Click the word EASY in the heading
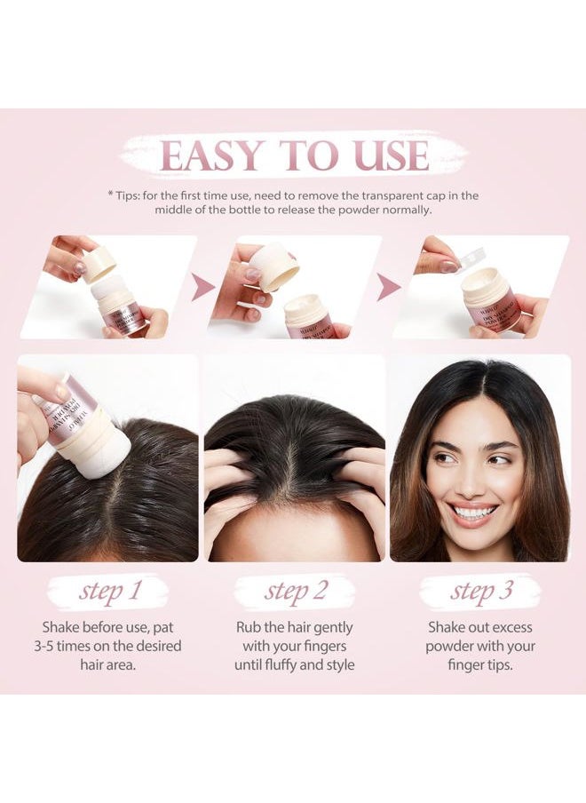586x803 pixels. point(212,155)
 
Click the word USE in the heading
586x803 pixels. point(391,155)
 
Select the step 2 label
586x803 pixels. point(295,592)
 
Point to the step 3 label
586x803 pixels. point(480,592)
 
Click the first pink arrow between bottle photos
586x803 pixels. point(203,287)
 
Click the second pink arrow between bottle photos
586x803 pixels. point(387,287)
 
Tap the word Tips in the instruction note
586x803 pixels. point(131,195)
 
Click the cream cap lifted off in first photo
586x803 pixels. point(99,263)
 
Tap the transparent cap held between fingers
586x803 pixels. point(469,255)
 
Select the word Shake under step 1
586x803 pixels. point(61,627)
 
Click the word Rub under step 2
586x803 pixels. point(249,627)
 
